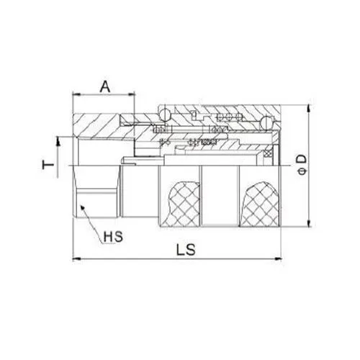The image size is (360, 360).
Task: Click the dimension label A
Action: click(105, 87)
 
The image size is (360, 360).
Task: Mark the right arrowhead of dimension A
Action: click(132, 94)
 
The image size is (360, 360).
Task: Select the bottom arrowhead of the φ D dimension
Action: click(308, 225)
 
